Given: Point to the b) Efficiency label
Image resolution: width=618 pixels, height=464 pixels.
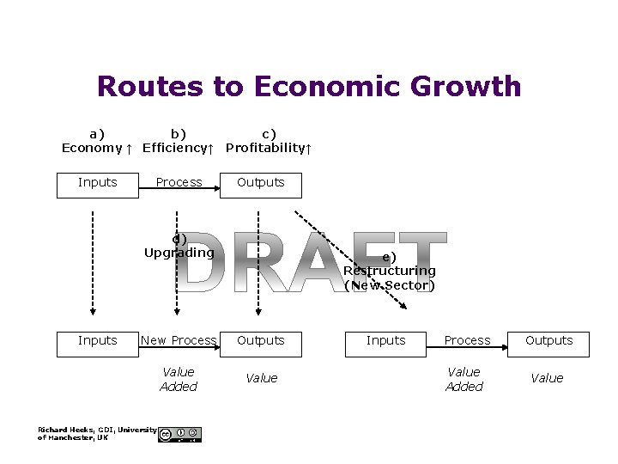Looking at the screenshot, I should [x=178, y=141].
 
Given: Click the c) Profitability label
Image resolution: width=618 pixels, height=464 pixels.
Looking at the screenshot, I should [x=269, y=141].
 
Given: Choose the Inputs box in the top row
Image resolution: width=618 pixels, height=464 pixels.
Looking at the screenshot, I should [x=97, y=183].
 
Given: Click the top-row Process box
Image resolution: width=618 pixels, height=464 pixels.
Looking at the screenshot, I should [x=179, y=183].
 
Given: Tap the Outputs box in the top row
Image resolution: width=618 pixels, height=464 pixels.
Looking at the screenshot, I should [x=261, y=183].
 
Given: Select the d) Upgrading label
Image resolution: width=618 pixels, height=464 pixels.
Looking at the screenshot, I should [x=179, y=246].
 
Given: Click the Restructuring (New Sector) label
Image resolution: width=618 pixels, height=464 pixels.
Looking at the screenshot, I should [x=389, y=272].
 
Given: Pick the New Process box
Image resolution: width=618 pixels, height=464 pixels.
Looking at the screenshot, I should [x=179, y=341].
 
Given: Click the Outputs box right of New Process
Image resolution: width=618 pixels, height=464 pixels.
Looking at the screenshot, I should [x=261, y=341].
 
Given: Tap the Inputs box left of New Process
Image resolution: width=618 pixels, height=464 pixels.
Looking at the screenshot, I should [x=97, y=341].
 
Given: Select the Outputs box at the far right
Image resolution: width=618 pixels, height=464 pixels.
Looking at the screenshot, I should [x=548, y=341].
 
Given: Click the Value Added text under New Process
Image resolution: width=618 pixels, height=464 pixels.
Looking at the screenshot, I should [x=179, y=379].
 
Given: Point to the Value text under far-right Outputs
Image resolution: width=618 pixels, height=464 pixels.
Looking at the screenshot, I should [x=547, y=378].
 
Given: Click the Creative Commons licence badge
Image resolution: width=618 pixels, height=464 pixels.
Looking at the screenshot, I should [x=179, y=435].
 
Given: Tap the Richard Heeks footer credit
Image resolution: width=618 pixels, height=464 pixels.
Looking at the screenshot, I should [x=96, y=433].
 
